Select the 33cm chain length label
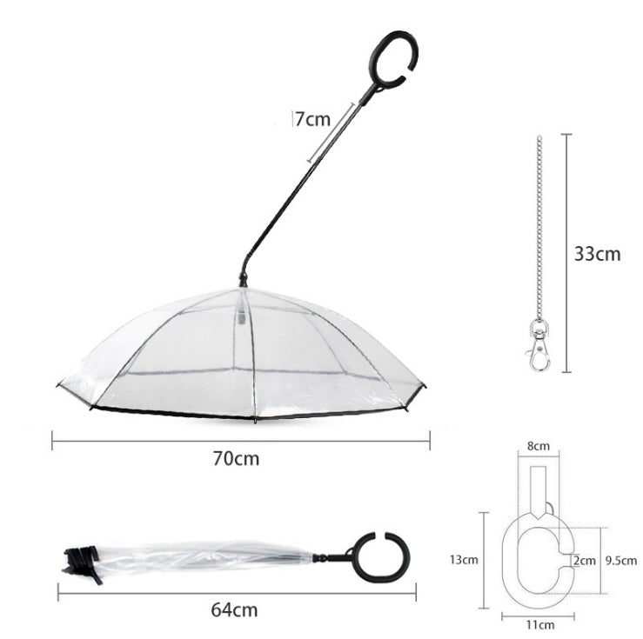[x=597, y=254]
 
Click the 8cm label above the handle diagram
[x=539, y=446]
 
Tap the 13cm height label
[x=466, y=560]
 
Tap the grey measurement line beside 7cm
[x=332, y=131]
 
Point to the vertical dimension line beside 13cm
[x=484, y=560]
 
